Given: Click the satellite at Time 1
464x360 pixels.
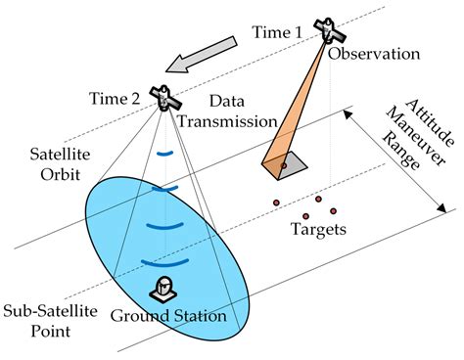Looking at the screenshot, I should click(324, 28).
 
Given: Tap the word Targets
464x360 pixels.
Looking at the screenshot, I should click(318, 230).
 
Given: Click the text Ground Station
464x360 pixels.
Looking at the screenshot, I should click(168, 316).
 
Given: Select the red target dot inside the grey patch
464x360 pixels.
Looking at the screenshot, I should click(283, 165).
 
